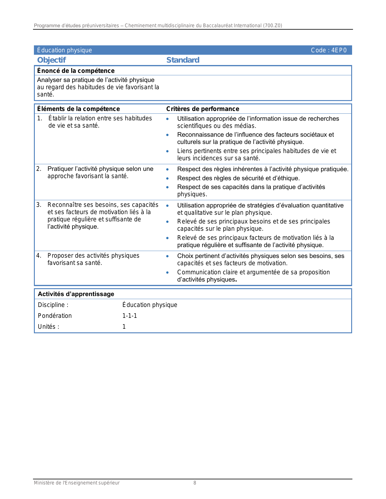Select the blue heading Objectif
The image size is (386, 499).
51,60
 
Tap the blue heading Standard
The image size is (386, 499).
183,60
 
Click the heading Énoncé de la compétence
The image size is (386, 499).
76,71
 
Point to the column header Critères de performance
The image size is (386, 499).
203,109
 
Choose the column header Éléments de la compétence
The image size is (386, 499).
78,109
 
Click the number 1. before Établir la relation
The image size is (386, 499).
40,118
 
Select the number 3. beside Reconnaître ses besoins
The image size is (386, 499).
39,205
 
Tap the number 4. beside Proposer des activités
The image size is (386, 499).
39,256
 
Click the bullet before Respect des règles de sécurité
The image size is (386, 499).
167,178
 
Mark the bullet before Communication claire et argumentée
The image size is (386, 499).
167,272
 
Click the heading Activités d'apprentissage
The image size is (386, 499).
76,294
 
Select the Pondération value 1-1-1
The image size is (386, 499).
130,316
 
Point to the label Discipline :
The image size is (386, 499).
53,305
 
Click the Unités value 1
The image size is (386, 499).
124,327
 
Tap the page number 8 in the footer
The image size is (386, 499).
195,483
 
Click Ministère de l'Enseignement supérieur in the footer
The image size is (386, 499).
77,483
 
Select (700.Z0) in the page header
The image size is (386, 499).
272,25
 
